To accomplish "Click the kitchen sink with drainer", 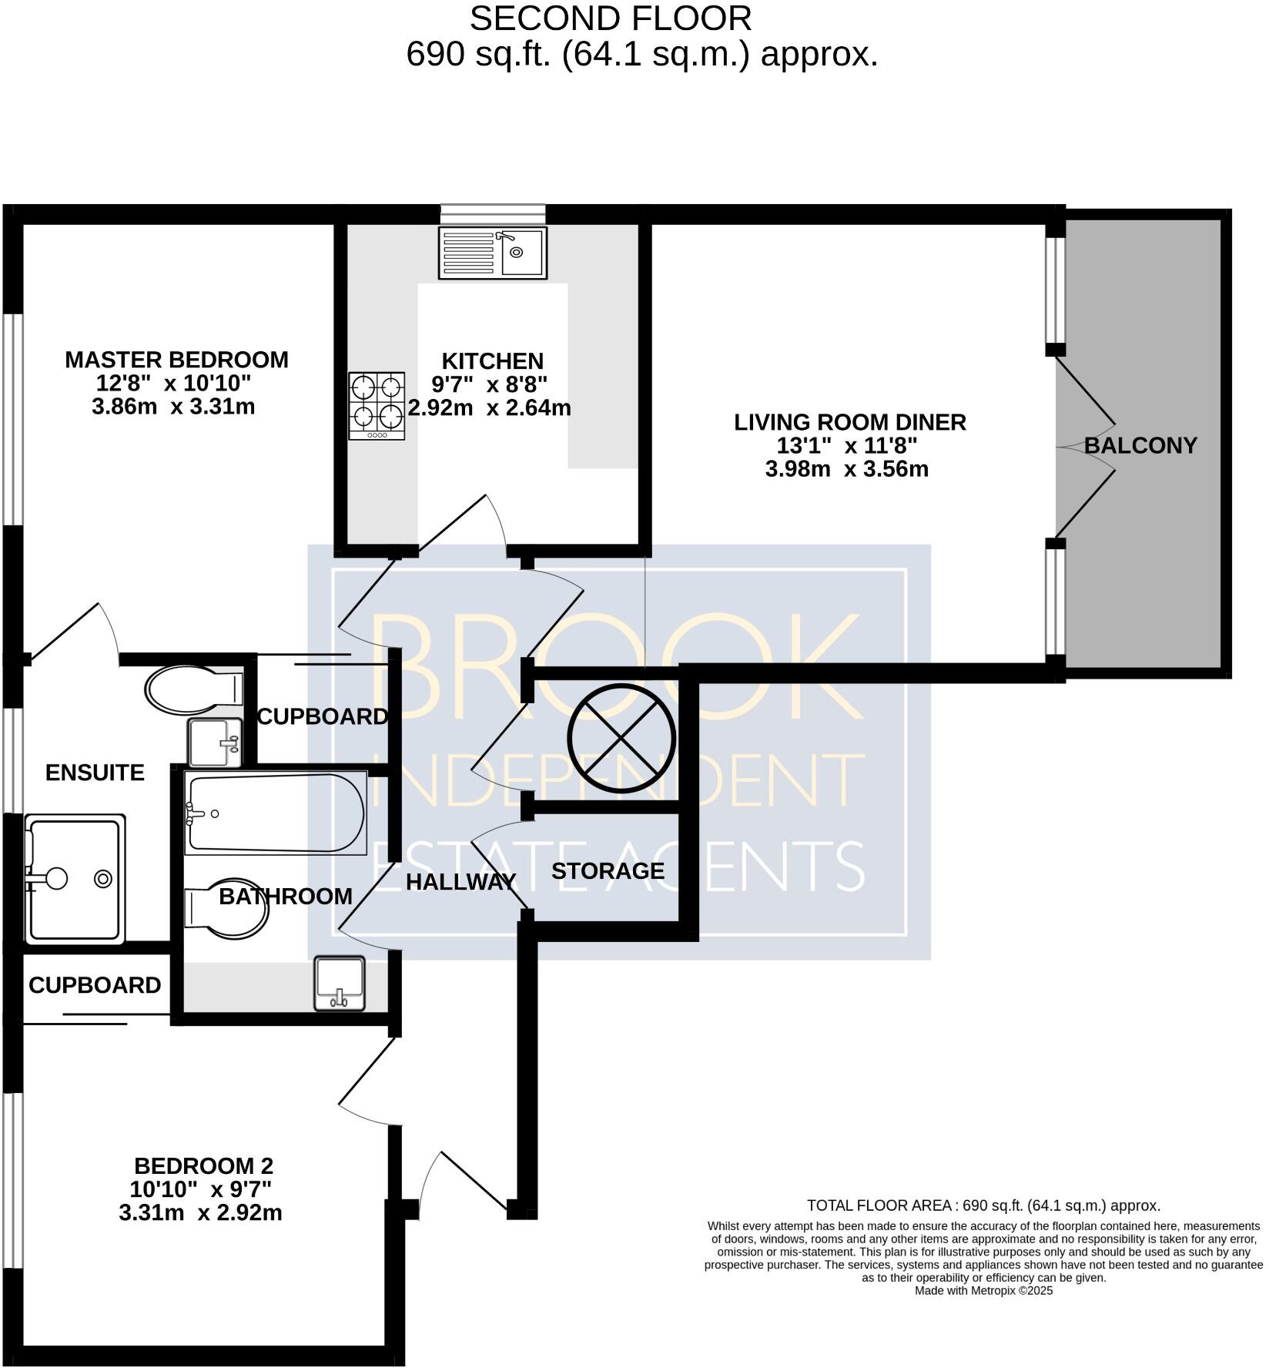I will [492, 252].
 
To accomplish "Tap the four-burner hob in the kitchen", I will [377, 406].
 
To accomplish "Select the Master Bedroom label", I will [176, 360].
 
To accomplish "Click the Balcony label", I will [1140, 445].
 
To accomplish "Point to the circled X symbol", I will [621, 738].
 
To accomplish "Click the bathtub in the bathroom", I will [276, 813].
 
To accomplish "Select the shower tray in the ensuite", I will [75, 879].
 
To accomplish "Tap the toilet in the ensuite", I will [194, 689].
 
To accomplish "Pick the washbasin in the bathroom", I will [340, 983].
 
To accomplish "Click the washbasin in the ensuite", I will [215, 743].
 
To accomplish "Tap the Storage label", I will [608, 871].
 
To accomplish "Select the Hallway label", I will [460, 882].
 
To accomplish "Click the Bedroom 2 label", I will [203, 1165].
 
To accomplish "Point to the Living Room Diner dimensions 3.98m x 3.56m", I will [846, 468].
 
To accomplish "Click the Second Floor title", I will [611, 18].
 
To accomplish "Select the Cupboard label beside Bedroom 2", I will [95, 985].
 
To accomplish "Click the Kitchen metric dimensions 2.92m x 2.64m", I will [490, 407].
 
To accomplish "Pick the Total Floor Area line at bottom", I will [983, 1205].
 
